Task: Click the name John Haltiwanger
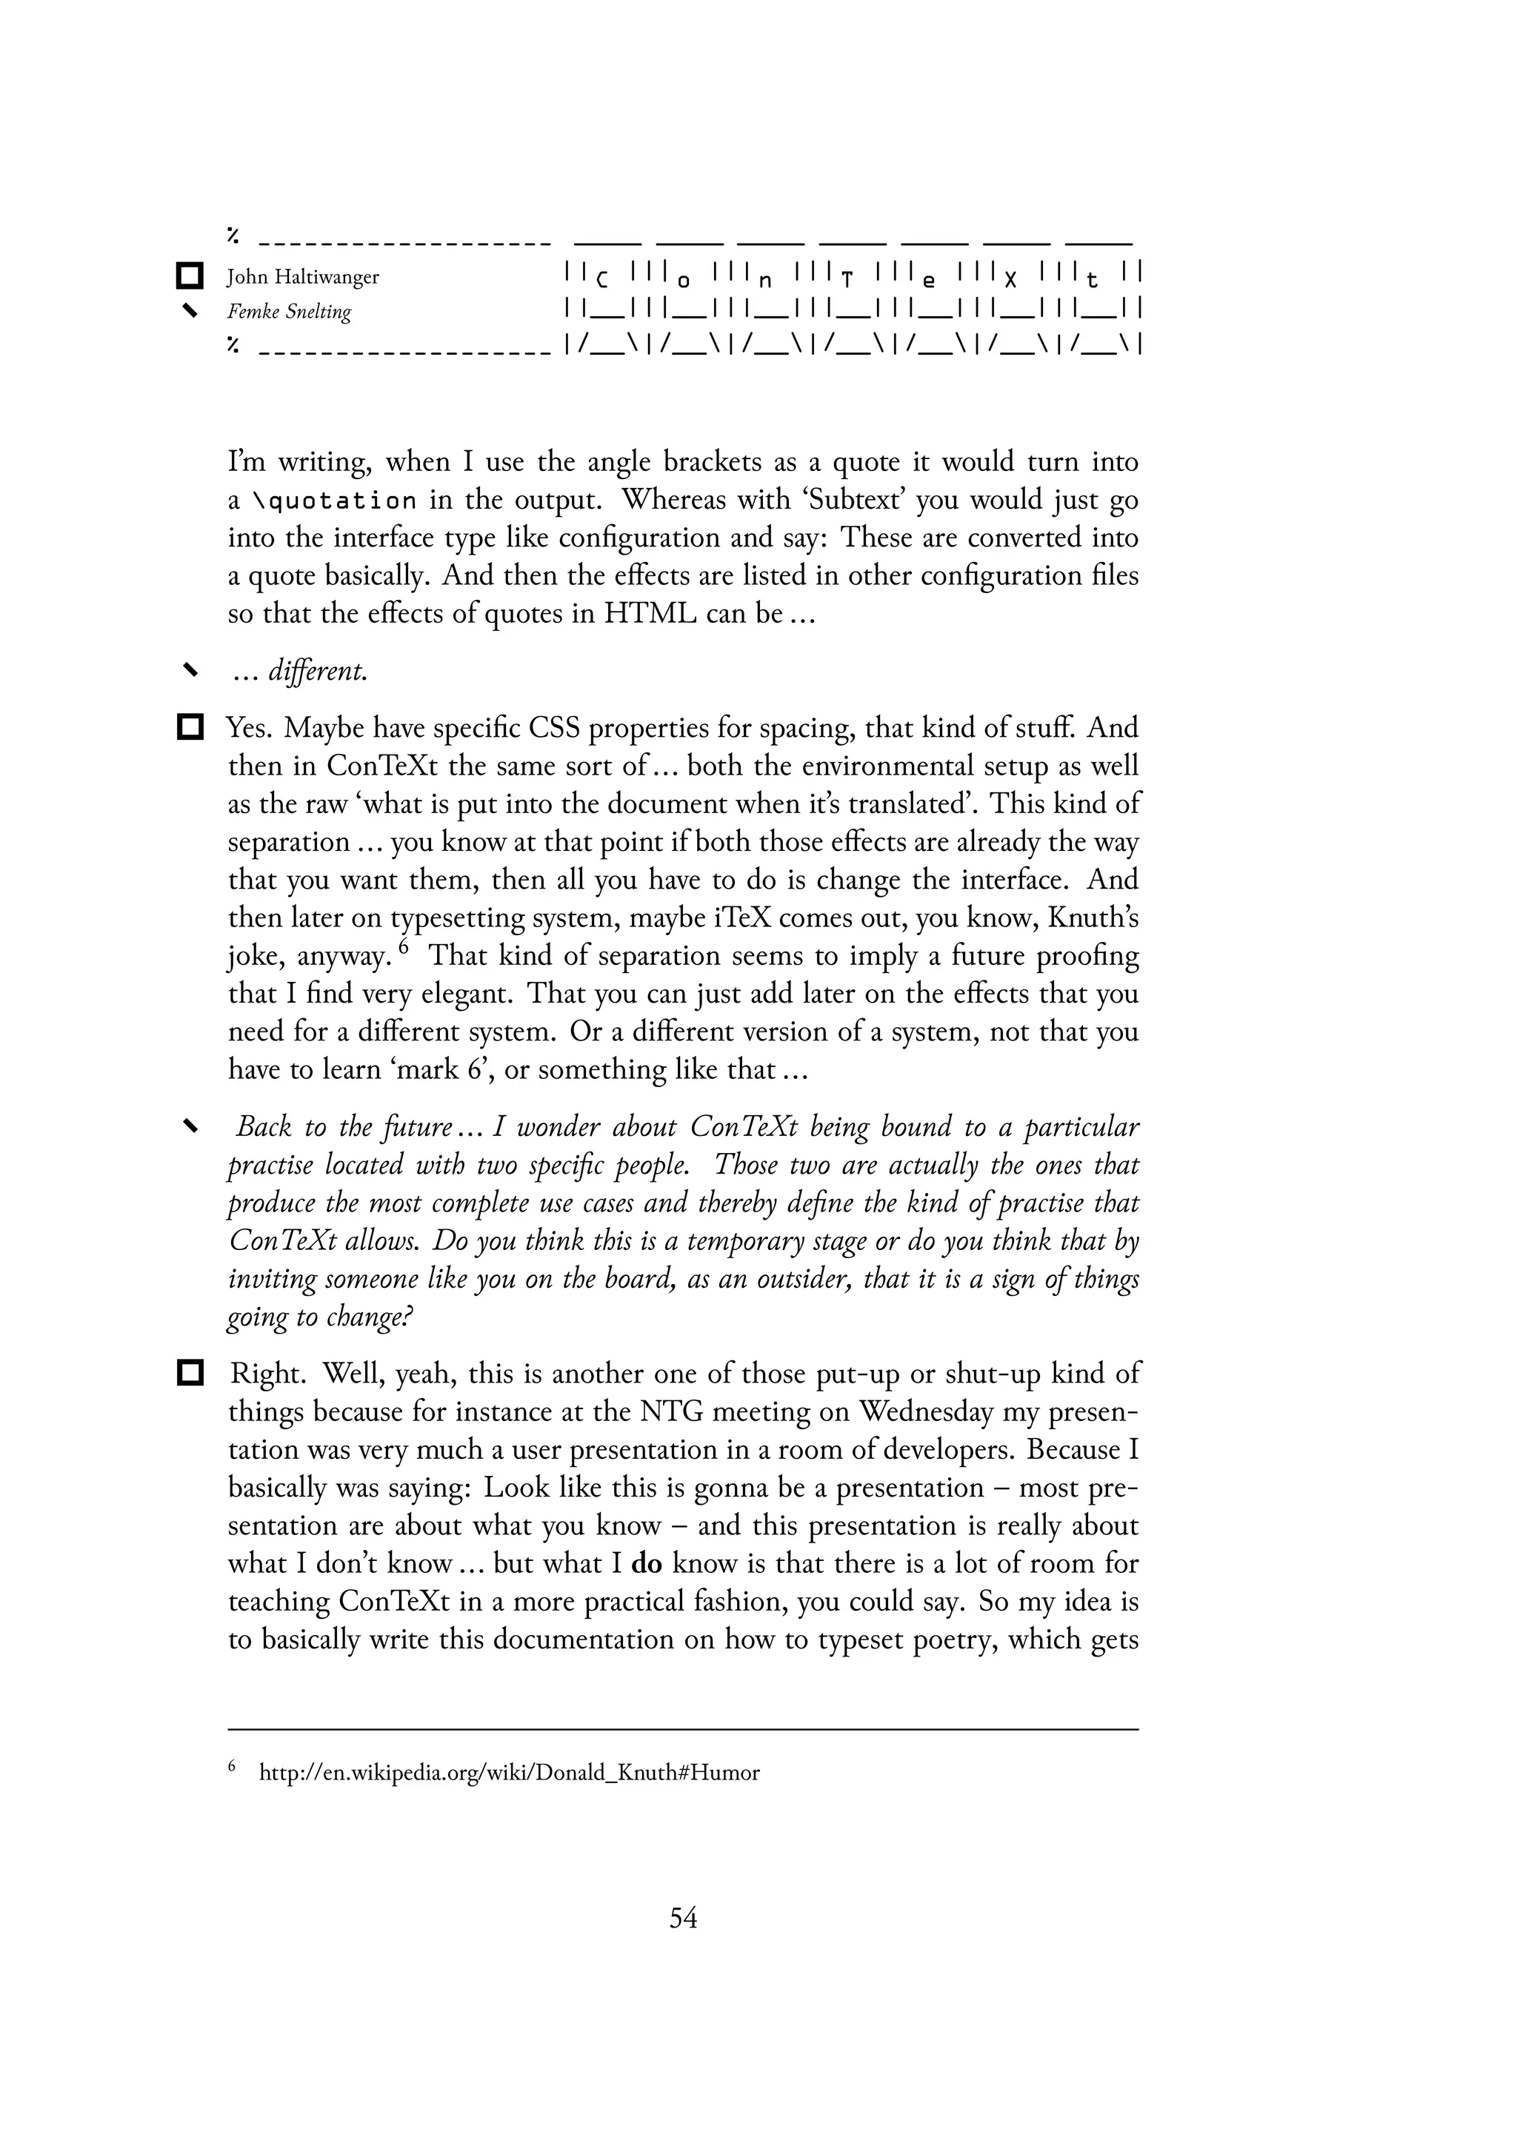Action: tap(304, 278)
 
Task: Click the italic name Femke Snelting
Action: tap(290, 312)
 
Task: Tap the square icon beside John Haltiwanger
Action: tap(190, 276)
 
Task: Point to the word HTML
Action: tap(650, 615)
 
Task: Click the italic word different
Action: tap(318, 672)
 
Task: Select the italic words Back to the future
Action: tap(344, 1127)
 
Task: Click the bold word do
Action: tap(647, 1563)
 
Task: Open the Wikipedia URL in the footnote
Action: tap(509, 1772)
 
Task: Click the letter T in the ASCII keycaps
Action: tap(847, 279)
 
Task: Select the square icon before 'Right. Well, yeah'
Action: tap(190, 1374)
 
